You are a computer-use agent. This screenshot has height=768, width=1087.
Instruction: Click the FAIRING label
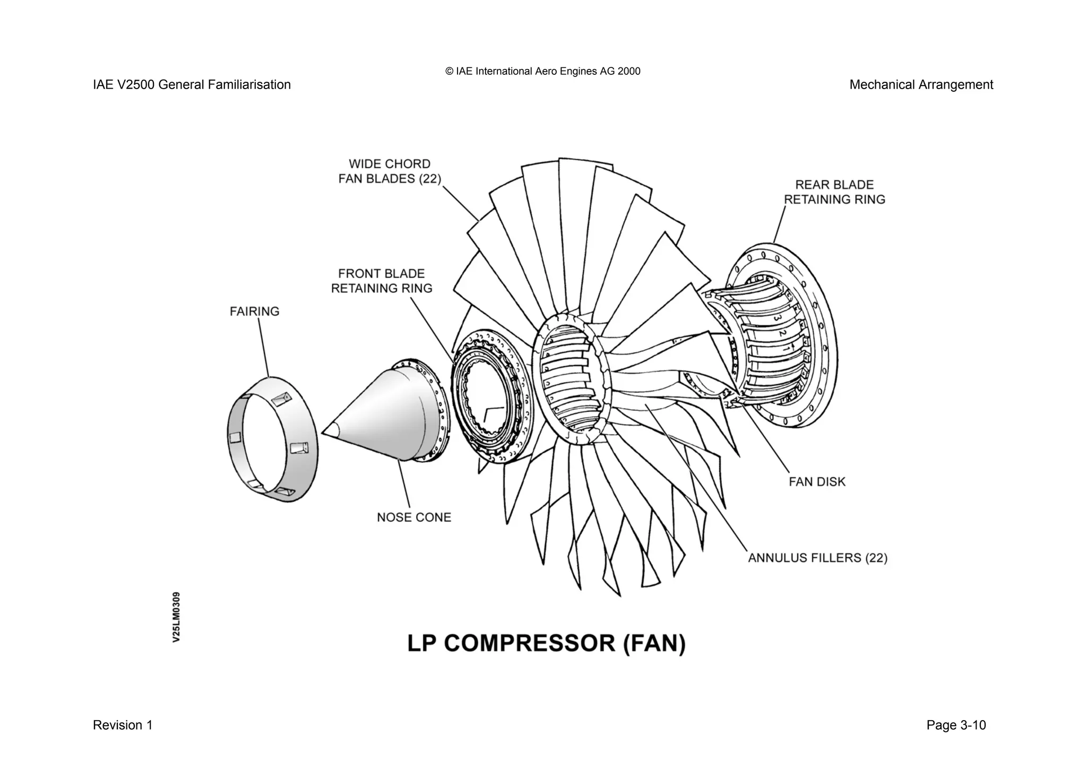click(254, 311)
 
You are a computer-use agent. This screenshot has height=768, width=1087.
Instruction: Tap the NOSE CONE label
click(413, 517)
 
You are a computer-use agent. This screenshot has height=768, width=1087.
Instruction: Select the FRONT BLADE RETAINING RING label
click(382, 281)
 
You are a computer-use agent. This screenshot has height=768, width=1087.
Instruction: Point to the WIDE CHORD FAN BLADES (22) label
click(390, 171)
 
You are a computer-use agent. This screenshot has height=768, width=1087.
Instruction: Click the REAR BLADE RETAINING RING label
click(834, 192)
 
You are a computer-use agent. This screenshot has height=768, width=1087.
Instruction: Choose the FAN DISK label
click(816, 481)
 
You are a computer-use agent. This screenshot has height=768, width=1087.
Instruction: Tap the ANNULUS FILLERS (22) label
click(817, 558)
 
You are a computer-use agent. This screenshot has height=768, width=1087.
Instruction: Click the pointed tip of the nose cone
click(324, 430)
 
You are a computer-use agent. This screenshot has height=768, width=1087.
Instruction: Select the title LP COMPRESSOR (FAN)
click(546, 643)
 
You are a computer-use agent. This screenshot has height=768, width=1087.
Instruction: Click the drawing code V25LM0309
click(176, 617)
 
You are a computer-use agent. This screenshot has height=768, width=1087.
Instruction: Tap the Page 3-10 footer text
click(955, 725)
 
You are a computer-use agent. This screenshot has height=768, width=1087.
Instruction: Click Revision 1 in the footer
click(123, 725)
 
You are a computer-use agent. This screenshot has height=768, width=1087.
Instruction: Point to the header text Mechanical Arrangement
click(921, 85)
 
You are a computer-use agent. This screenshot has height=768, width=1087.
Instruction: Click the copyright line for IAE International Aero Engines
click(542, 71)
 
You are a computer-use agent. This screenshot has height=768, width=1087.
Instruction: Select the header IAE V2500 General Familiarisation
click(192, 85)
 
